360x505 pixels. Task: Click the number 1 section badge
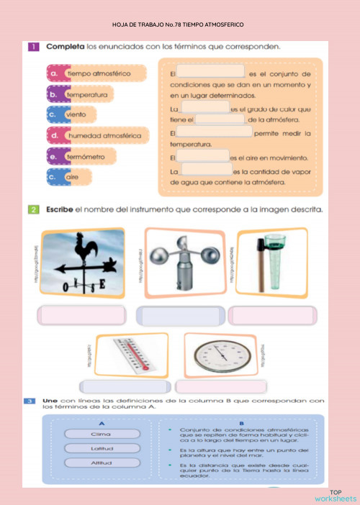pos(33,47)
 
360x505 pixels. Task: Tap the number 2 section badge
pos(33,210)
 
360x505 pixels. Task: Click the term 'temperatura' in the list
pos(87,94)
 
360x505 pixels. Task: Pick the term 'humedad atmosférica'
pos(104,135)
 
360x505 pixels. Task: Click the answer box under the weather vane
pos(83,317)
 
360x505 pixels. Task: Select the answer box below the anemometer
pos(180,317)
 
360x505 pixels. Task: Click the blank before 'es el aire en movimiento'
pos(203,156)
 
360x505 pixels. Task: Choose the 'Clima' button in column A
pos(101,434)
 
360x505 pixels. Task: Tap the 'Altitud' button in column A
pos(101,463)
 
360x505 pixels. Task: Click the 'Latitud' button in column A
pos(101,448)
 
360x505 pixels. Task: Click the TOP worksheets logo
pos(336,495)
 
